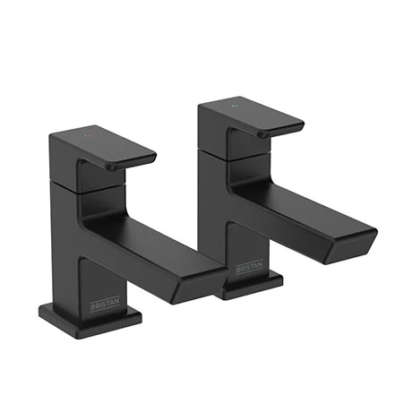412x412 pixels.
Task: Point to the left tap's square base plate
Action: [x=90, y=315]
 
